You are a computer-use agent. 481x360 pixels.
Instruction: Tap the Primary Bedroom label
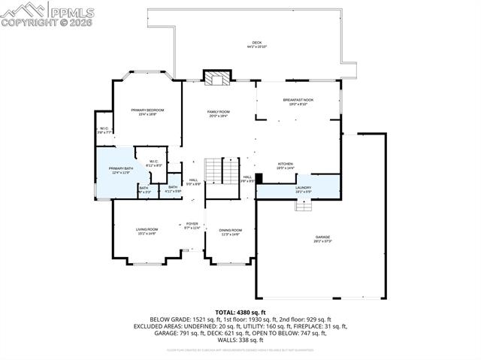click(147, 112)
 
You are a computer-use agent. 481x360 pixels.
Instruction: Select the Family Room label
click(218, 113)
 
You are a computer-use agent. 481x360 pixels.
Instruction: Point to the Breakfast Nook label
click(298, 101)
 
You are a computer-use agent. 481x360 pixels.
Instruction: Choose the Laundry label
click(303, 189)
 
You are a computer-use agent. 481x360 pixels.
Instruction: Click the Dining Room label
click(231, 231)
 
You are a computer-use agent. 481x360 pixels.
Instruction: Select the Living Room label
click(147, 231)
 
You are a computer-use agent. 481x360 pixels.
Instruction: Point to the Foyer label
click(192, 225)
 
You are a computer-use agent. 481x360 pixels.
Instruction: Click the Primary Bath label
click(120, 170)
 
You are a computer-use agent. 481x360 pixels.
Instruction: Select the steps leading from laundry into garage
click(303, 205)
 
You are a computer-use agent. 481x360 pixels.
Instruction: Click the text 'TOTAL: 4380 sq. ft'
click(240, 311)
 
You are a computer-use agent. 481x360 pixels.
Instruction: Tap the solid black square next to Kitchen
click(259, 179)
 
